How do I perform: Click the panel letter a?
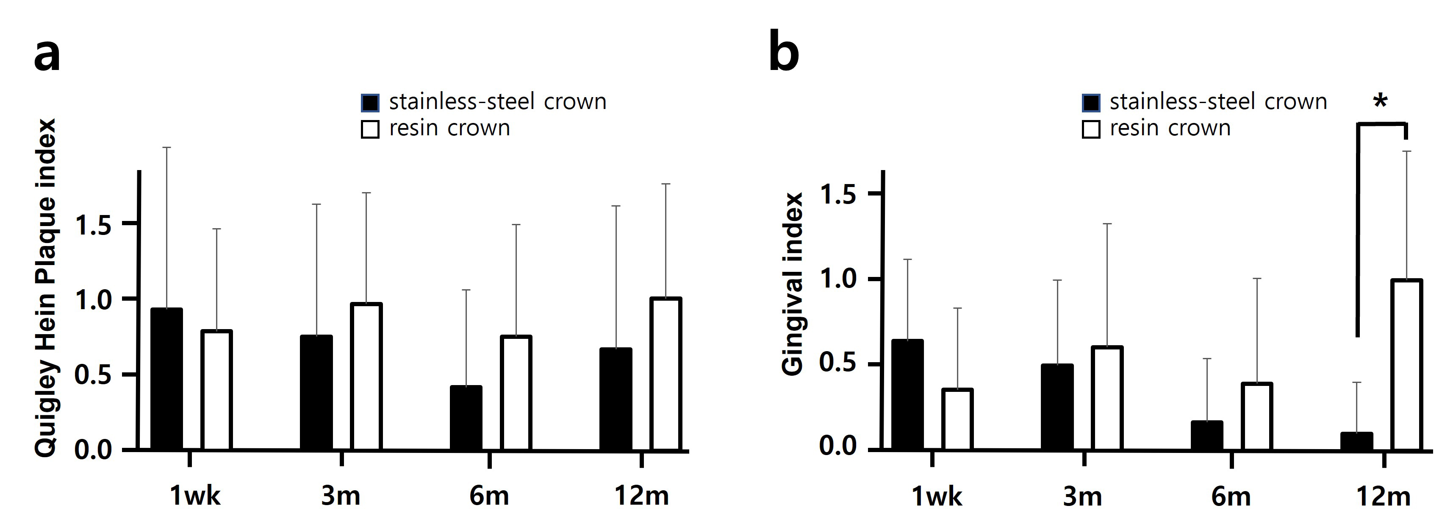[x=47, y=56]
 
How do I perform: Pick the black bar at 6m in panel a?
[x=466, y=418]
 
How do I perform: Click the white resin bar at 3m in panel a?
[x=366, y=377]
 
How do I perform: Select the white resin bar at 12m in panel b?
[x=1407, y=365]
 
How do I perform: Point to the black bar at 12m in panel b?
[x=1356, y=441]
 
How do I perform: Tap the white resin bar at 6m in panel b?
[x=1257, y=417]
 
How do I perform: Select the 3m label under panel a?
[x=341, y=496]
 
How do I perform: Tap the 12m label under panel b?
[x=1383, y=496]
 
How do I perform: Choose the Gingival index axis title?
[x=793, y=284]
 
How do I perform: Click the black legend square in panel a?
[x=370, y=103]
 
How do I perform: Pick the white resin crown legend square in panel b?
[x=1091, y=129]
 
